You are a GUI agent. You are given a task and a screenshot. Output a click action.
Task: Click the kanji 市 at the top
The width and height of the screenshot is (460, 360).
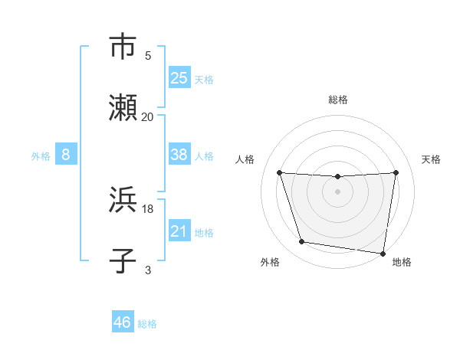[123, 47]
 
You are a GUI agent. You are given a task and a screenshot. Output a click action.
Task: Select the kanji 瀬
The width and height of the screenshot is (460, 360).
[123, 108]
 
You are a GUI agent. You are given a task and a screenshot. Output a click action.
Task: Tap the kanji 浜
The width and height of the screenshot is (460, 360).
[123, 200]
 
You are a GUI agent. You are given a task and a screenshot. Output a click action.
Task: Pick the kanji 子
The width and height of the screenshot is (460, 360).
[123, 261]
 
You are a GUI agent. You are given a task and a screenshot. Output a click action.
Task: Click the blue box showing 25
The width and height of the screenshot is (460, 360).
[179, 78]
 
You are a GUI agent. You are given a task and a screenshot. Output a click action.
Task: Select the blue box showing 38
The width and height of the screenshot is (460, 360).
[179, 155]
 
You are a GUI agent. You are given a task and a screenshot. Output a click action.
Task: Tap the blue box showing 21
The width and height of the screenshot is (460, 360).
[179, 231]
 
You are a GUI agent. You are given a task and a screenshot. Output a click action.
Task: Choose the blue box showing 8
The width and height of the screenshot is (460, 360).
[66, 155]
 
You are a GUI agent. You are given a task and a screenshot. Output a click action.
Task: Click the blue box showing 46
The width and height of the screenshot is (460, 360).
[123, 323]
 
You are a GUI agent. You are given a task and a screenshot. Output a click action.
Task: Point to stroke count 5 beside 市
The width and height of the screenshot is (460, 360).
[148, 55]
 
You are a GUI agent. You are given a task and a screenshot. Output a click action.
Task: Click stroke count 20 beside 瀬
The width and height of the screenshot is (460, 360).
[148, 116]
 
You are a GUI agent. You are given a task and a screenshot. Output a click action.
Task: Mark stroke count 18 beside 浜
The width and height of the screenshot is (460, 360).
[148, 208]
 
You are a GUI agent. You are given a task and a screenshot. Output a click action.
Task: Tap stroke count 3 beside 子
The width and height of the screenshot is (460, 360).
[148, 270]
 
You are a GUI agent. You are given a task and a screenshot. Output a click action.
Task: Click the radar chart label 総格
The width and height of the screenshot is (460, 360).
[338, 100]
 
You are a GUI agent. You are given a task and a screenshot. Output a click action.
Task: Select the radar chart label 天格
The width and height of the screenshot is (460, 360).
[431, 159]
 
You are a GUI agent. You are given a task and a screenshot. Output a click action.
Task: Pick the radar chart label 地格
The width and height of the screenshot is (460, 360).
[402, 262]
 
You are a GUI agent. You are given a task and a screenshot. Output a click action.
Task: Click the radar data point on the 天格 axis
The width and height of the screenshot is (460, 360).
[396, 172]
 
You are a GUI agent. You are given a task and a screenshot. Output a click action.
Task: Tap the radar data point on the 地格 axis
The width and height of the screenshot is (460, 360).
[383, 253]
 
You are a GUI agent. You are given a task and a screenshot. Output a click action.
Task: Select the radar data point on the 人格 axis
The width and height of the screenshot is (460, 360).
[279, 172]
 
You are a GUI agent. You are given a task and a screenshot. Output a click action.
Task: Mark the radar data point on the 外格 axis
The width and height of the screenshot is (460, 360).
[302, 242]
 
